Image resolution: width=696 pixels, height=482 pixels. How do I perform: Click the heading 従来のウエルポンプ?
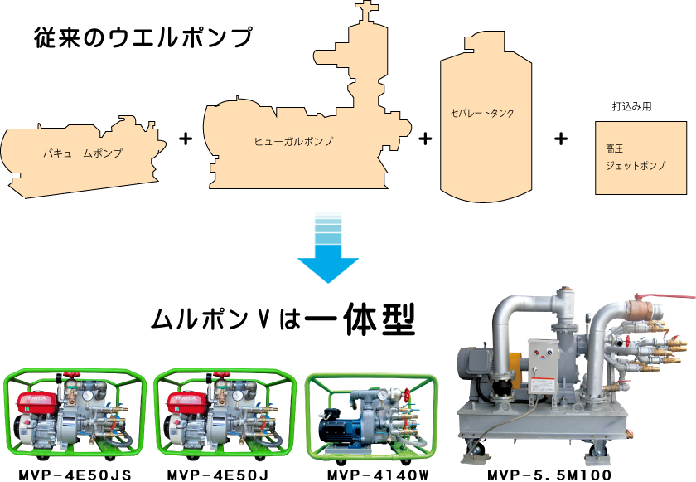pyautogui.click(x=143, y=37)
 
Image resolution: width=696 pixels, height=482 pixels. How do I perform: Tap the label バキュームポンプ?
pyautogui.click(x=83, y=153)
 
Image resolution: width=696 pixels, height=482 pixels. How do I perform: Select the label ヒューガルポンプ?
pyautogui.click(x=293, y=142)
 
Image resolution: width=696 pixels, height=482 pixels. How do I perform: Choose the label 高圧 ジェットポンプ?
pyautogui.click(x=635, y=158)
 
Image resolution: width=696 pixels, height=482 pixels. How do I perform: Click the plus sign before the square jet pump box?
pyautogui.click(x=561, y=139)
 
